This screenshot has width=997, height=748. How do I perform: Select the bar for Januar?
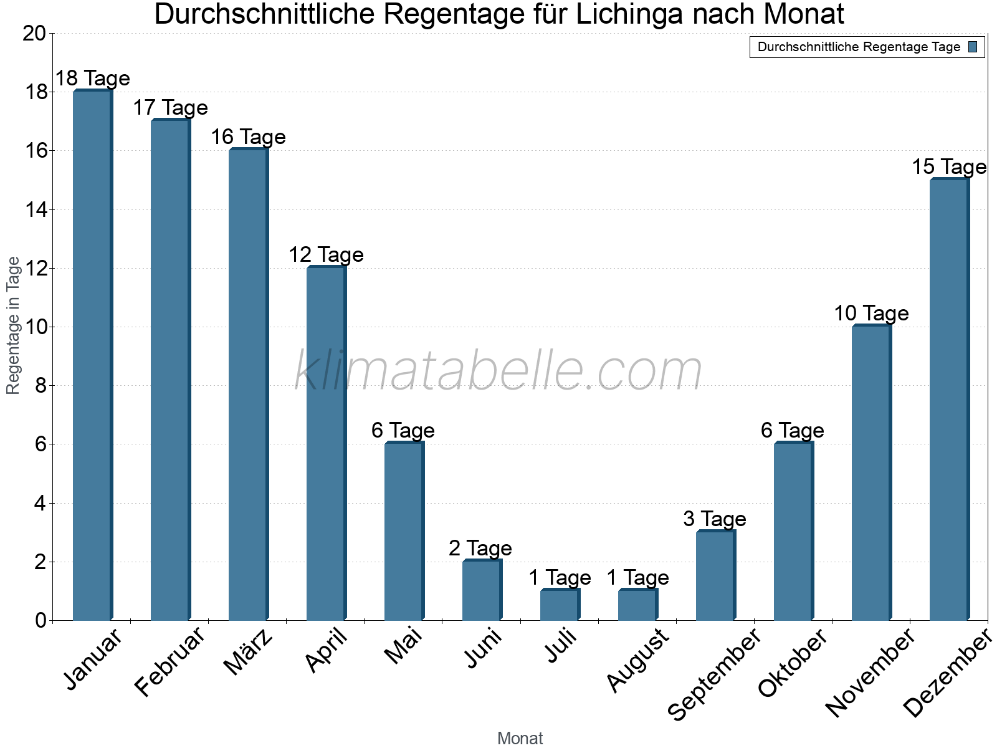click(x=92, y=355)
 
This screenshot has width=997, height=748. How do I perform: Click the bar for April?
click(x=326, y=443)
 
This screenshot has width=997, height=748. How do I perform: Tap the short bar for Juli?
click(x=560, y=605)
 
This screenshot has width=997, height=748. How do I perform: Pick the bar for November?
click(x=871, y=472)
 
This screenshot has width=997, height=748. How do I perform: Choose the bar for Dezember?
click(x=949, y=400)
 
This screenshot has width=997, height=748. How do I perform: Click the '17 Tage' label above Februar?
click(x=170, y=108)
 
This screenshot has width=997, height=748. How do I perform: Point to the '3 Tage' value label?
click(x=715, y=519)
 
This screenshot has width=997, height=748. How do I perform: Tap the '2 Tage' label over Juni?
click(x=480, y=548)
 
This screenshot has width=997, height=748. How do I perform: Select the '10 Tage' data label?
click(x=871, y=313)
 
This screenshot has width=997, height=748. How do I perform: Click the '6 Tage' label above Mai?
click(x=403, y=430)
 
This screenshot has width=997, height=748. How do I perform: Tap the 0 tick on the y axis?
click(x=41, y=620)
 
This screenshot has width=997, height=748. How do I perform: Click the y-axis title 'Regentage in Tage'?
click(x=13, y=325)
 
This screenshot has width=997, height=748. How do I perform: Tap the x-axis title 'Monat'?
click(x=520, y=739)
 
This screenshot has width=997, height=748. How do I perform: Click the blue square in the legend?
click(x=973, y=47)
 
